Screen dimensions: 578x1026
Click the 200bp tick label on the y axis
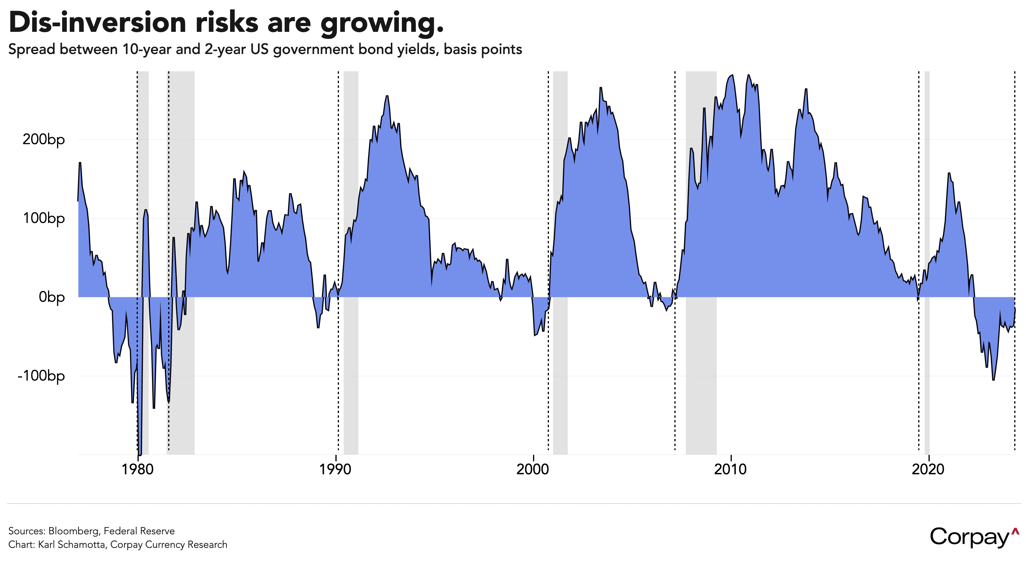(43, 140)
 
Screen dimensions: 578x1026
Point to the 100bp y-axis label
(43, 219)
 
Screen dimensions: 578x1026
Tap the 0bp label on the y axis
(51, 297)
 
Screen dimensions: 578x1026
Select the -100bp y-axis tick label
(41, 376)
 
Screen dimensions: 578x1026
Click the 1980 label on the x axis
(138, 469)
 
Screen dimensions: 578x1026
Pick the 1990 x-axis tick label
(335, 469)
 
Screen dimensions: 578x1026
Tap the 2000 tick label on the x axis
(532, 469)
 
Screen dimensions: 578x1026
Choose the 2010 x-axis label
(730, 469)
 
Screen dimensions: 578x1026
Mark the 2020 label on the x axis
(928, 469)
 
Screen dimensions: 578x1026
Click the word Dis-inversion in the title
(97, 23)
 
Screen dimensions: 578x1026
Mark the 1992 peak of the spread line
(387, 96)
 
